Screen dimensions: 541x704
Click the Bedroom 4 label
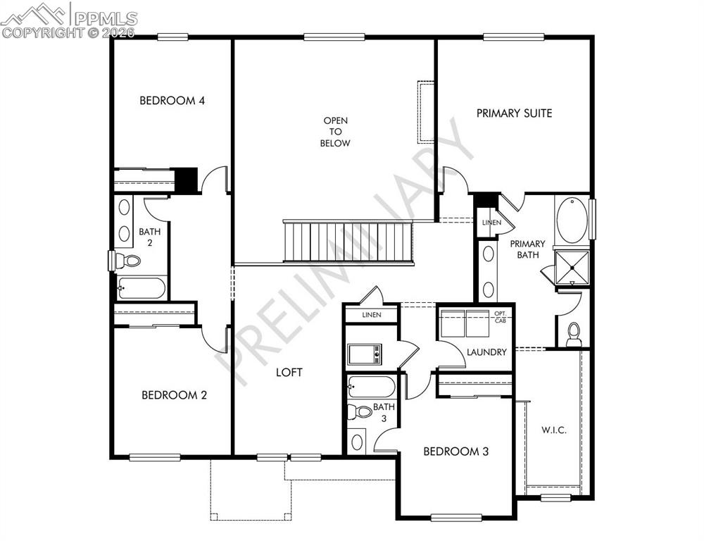[172, 101]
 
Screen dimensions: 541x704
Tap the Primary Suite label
[514, 113]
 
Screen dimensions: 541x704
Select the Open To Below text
[336, 132]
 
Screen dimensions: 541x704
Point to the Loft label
[289, 372]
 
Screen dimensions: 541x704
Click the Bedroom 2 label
[174, 395]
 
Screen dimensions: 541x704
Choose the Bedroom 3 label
[455, 452]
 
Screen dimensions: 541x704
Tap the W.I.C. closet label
[554, 430]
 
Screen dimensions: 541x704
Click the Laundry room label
[486, 352]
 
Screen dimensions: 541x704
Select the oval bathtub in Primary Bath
[571, 220]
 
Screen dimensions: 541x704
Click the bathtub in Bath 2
[142, 288]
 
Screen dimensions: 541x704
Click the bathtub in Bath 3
[372, 387]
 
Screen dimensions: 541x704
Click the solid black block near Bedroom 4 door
[186, 179]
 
